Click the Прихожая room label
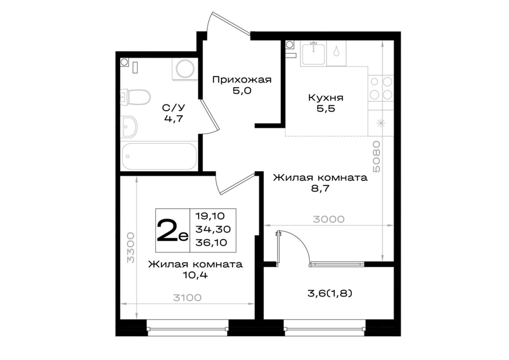pos(242,80)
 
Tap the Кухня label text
pos(326,98)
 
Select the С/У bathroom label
pos(174,108)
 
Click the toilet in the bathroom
pos(136,97)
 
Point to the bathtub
pos(159,156)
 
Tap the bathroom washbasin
pos(129,127)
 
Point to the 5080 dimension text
pos(377,156)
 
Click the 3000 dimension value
pos(328,219)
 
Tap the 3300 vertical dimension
pos(130,247)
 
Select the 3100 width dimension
pos(187,298)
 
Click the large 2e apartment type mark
pos(173,230)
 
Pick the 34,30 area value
pos(213,229)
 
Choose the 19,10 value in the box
pos(210,216)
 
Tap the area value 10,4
pos(195,275)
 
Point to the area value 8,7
pos(320,189)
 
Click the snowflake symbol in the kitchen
pos(381,123)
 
